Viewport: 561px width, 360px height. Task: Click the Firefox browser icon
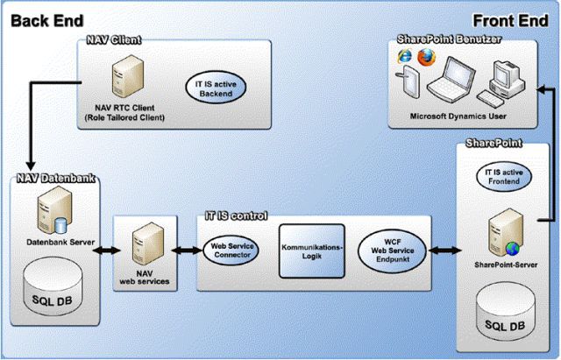(427, 58)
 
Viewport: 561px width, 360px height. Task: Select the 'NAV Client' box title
(114, 40)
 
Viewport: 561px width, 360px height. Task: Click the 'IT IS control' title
(236, 215)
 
